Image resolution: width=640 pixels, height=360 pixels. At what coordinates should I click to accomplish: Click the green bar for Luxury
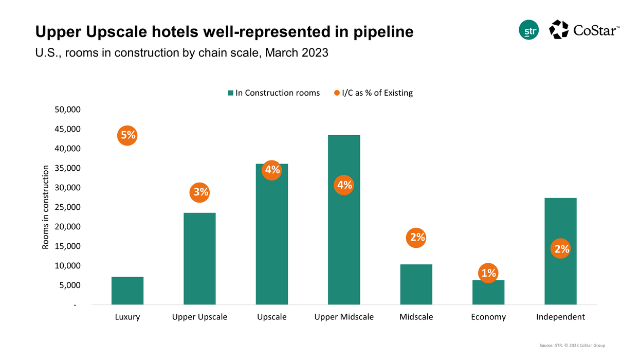pos(127,291)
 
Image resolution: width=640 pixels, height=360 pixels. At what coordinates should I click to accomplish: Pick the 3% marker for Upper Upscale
pos(200,192)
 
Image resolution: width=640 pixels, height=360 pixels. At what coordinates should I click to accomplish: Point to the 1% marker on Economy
pos(488,273)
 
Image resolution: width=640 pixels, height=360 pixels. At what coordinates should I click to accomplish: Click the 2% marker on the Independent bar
pos(560,249)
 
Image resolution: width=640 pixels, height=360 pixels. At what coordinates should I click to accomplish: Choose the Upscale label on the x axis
pos(271,317)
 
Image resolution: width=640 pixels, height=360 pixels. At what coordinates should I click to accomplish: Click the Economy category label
pos(488,317)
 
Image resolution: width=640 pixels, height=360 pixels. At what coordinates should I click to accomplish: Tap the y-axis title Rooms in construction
pos(46,207)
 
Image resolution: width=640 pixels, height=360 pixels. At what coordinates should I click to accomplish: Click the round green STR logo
pos(529,30)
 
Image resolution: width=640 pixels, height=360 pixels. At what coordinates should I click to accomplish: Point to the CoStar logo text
pos(596,30)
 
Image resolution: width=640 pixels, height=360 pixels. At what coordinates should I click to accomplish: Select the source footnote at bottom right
pos(575,346)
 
